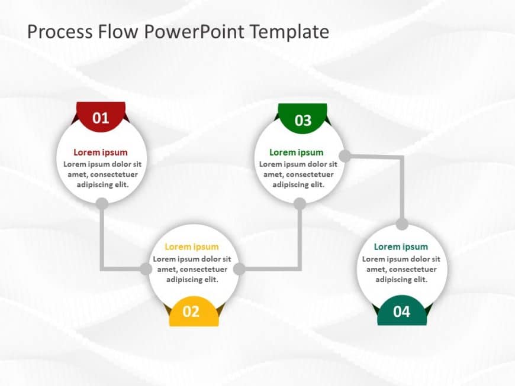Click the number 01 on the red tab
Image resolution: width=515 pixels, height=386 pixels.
[101, 118]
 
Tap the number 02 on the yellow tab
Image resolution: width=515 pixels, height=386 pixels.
[191, 312]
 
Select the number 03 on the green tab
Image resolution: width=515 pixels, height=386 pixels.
[302, 121]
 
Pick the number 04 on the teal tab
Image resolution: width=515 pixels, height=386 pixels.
[401, 312]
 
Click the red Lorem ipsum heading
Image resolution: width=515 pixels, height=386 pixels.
[100, 153]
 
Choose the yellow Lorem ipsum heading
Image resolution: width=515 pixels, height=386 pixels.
[191, 247]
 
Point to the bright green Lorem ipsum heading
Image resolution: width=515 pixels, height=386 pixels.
[296, 153]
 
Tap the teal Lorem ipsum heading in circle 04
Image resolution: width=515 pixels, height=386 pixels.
[400, 247]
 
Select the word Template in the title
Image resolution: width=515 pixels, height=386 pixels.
[290, 31]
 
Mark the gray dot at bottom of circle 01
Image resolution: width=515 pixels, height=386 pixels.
[102, 203]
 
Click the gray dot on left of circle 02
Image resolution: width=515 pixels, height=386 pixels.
[145, 270]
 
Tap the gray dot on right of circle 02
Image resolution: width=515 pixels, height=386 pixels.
[239, 270]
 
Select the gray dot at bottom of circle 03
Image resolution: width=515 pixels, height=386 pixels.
[300, 203]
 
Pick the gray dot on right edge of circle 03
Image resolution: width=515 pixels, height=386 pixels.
[345, 156]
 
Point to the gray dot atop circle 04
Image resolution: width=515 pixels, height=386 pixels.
[402, 224]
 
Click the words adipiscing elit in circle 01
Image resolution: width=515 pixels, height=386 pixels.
[102, 184]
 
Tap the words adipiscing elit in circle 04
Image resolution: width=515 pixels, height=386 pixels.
[401, 279]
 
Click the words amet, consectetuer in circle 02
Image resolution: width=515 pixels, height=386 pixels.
[192, 269]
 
